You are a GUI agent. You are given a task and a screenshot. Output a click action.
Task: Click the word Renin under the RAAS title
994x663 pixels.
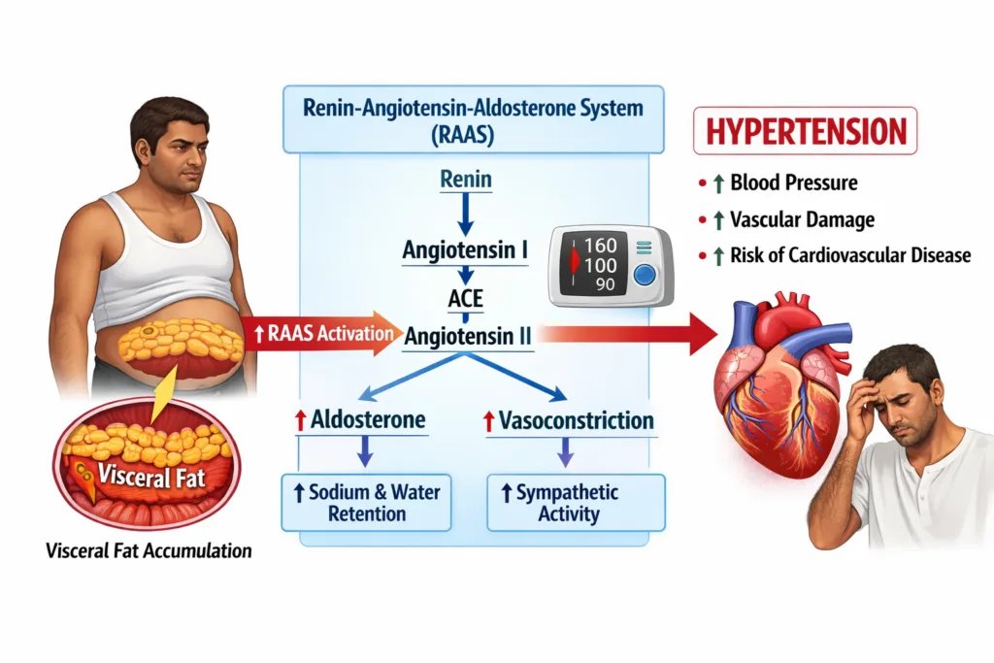[x=465, y=180]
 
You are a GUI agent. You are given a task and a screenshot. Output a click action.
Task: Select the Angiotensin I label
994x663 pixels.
[x=465, y=250]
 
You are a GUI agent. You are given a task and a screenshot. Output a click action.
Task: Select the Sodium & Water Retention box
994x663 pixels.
[x=366, y=502]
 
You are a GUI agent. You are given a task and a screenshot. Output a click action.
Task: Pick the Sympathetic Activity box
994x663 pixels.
[x=576, y=502]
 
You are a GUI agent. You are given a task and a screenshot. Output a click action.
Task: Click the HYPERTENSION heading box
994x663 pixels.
[x=805, y=131]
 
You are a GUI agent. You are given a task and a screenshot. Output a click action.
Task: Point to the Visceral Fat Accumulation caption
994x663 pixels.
[x=149, y=551]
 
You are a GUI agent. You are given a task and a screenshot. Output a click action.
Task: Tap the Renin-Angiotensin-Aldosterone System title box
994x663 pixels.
[x=473, y=119]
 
